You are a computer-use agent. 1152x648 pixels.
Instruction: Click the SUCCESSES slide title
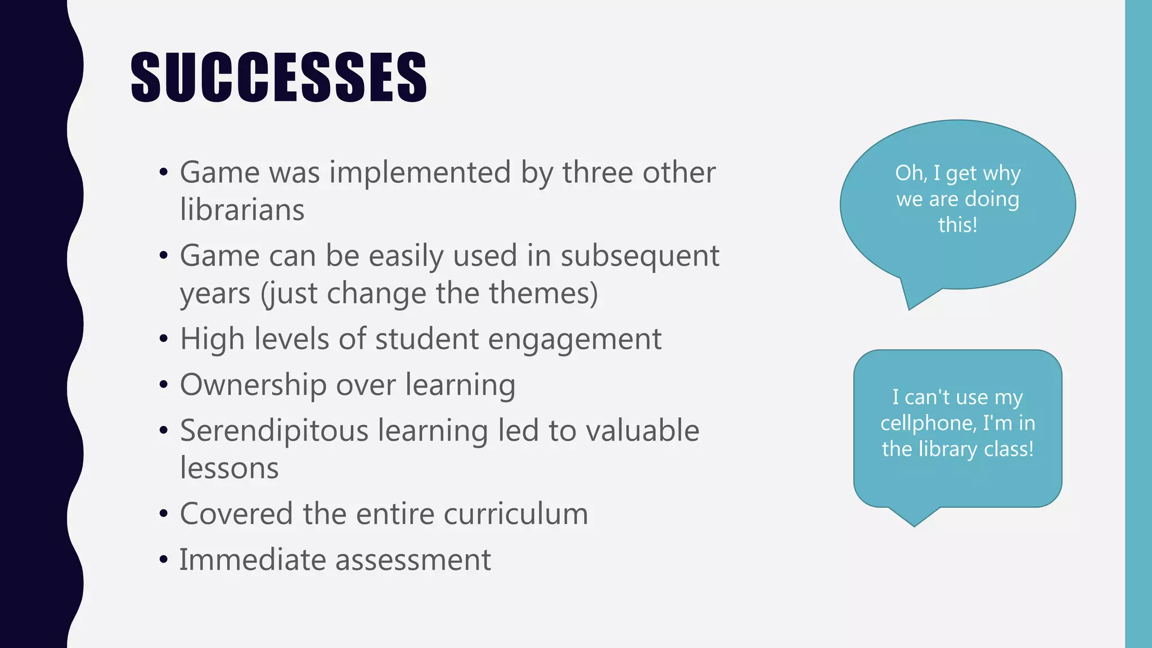[278, 77]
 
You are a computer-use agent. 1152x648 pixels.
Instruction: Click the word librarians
[242, 210]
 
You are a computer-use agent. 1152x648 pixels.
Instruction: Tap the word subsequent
[640, 256]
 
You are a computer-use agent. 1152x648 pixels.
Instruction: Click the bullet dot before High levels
[164, 339]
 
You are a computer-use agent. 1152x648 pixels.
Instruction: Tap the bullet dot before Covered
[164, 514]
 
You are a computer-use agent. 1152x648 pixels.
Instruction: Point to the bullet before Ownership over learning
[164, 385]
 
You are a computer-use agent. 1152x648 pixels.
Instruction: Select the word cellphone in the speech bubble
[928, 423]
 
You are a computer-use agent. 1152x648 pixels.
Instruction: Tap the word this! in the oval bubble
[957, 225]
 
